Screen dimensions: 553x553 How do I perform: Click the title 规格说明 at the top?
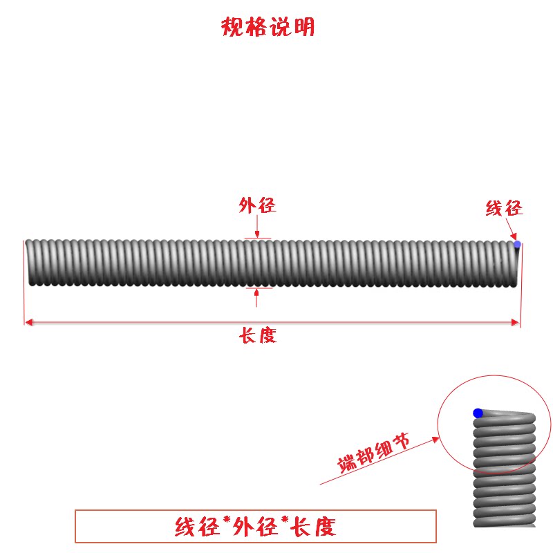pyautogui.click(x=268, y=27)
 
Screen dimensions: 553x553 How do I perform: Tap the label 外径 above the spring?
pyautogui.click(x=257, y=205)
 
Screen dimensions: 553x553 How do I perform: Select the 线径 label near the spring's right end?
pyautogui.click(x=504, y=207)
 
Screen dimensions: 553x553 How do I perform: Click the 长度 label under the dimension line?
pyautogui.click(x=258, y=337)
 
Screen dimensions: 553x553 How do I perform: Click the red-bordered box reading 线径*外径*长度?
pyautogui.click(x=255, y=527)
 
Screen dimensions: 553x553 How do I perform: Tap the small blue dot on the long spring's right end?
pyautogui.click(x=517, y=244)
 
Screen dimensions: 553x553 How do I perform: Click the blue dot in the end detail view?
pyautogui.click(x=478, y=413)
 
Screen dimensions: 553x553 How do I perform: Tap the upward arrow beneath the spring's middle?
pyautogui.click(x=256, y=296)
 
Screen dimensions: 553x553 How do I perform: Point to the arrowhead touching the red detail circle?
pyautogui.click(x=435, y=438)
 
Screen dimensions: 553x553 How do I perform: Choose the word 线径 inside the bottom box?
pyautogui.click(x=194, y=527)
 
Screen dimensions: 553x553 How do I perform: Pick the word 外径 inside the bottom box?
pyautogui.click(x=253, y=527)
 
